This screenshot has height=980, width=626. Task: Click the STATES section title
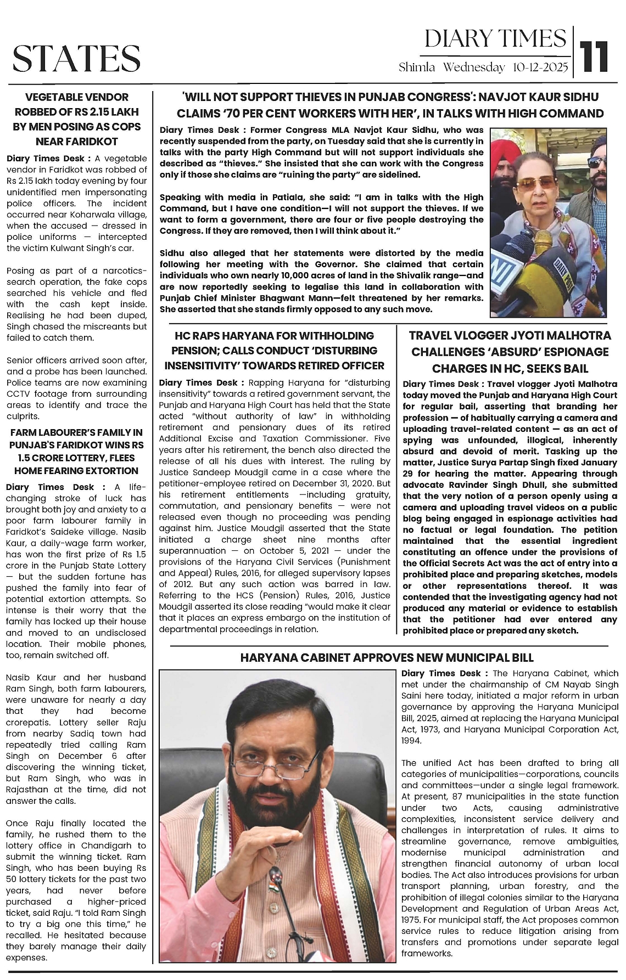pos(76,59)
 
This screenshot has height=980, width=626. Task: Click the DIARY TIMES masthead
pos(495,39)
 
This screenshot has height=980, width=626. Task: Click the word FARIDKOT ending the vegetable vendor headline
pos(77,142)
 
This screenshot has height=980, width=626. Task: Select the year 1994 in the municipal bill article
pos(411,740)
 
